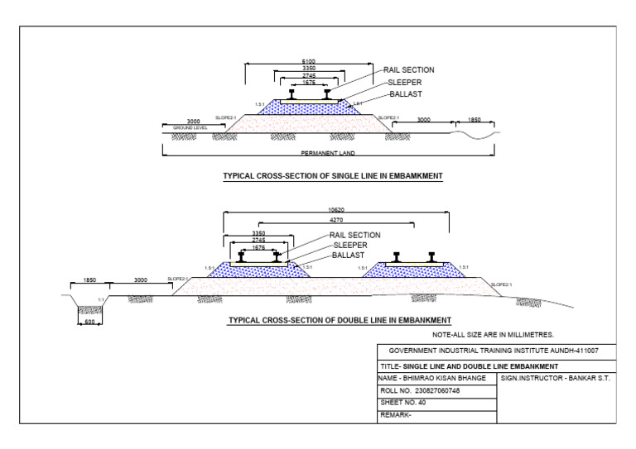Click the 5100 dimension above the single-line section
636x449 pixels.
(x=307, y=61)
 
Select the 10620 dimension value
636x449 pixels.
(x=335, y=211)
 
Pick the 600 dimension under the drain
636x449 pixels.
(x=89, y=322)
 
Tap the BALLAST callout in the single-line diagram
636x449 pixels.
(x=405, y=95)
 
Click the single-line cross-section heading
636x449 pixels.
(x=333, y=176)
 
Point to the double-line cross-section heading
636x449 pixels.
(x=340, y=319)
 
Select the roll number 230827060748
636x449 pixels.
(x=421, y=390)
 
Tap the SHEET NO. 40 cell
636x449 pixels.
(x=403, y=403)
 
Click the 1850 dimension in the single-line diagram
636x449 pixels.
(x=474, y=121)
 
